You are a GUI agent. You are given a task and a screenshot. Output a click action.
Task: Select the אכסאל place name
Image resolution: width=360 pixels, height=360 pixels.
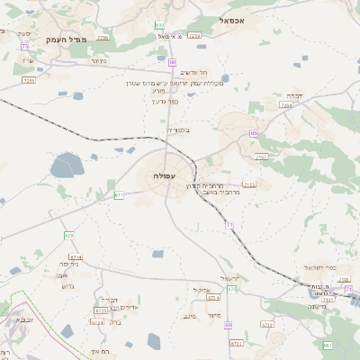coord(239,19)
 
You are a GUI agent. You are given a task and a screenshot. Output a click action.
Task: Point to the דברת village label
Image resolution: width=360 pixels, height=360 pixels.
coord(293,94)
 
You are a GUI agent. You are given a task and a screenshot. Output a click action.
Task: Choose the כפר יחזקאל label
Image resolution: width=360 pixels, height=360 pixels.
coord(319,268)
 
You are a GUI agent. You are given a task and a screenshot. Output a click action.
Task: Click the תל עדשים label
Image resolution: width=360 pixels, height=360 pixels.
coord(194,72)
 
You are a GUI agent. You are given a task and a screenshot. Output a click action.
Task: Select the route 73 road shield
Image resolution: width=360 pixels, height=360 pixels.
coord(24,45)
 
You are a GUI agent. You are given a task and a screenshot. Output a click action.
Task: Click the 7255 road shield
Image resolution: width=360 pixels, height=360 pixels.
coord(28,80)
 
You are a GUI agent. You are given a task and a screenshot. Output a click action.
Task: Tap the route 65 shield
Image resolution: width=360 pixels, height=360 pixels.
coord(255,133)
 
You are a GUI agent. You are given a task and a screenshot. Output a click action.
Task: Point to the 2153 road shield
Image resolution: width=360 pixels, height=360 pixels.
coord(249,184)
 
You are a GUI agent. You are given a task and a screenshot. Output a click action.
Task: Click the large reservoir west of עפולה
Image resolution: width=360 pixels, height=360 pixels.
coord(67,166)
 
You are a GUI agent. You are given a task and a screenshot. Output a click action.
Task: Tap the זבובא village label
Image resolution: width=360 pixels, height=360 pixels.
coord(21,319)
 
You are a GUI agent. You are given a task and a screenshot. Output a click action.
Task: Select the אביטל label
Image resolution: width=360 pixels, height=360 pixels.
coord(201,290)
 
